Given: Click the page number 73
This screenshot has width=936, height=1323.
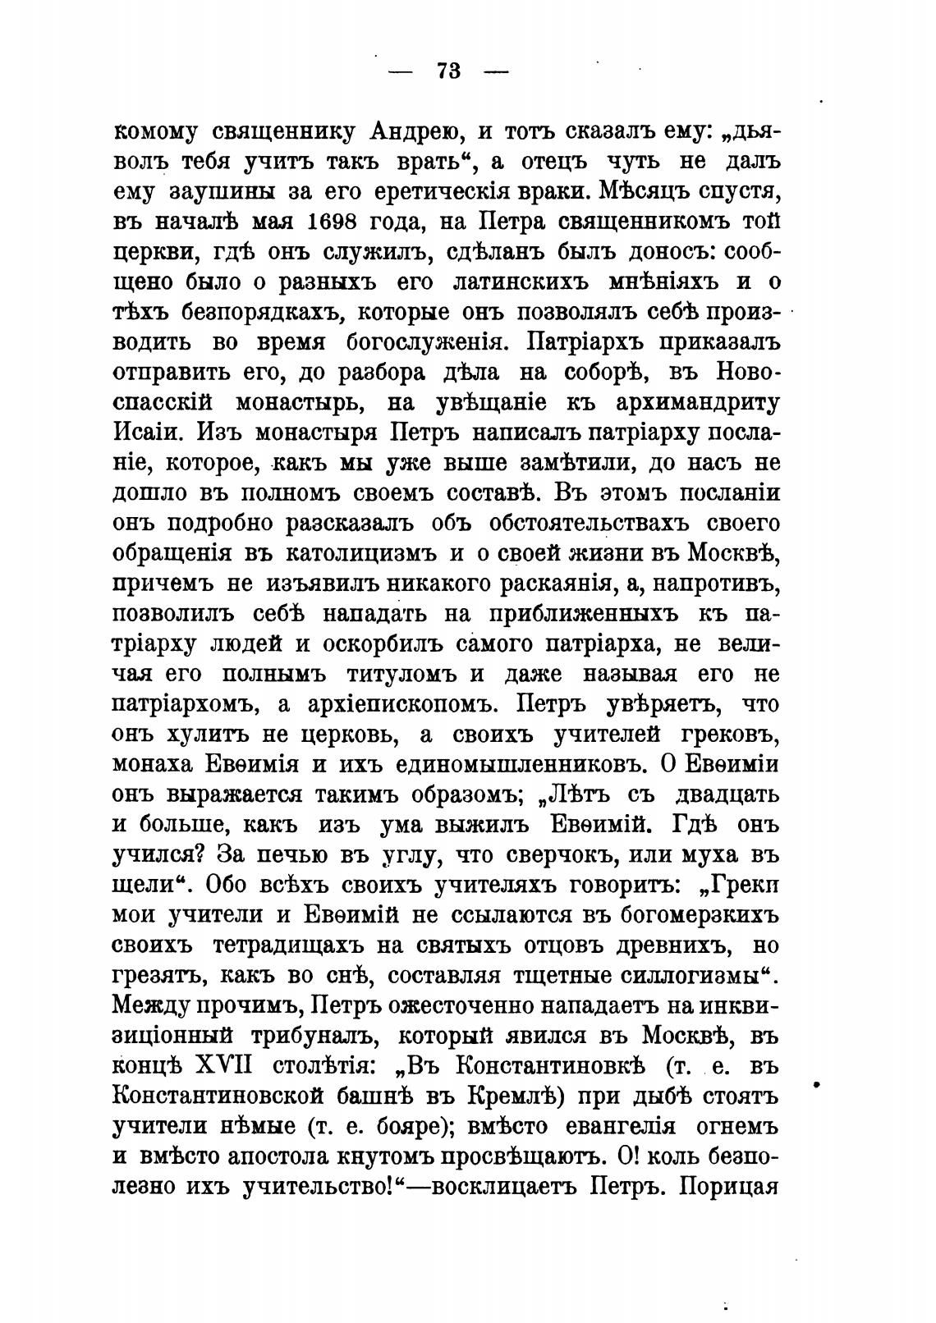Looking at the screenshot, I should [x=448, y=71].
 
